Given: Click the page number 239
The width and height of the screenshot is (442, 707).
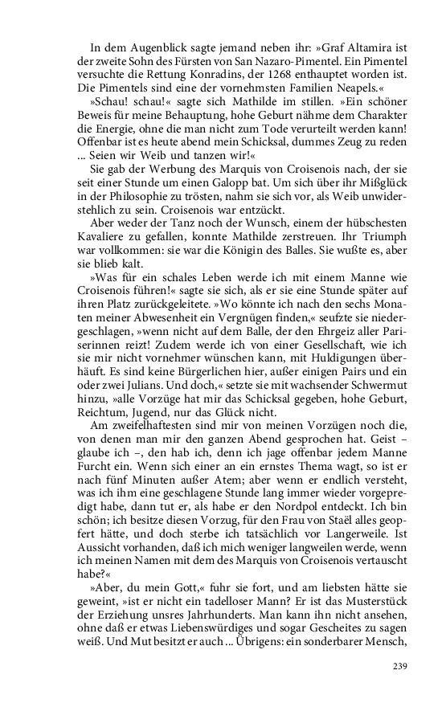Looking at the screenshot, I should [401, 666].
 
